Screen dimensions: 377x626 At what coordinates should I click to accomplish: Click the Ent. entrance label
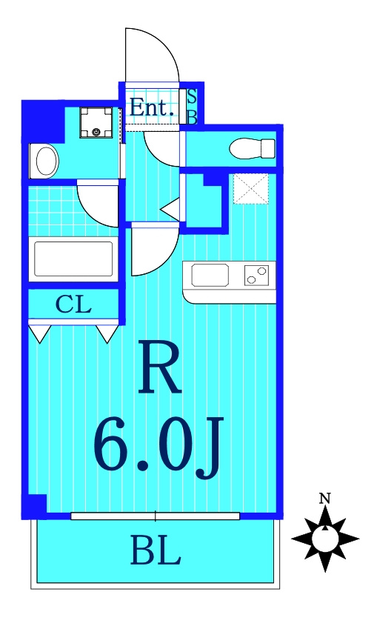(x=152, y=108)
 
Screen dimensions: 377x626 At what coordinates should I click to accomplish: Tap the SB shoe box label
(x=192, y=107)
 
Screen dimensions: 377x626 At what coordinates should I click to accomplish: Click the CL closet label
(x=73, y=304)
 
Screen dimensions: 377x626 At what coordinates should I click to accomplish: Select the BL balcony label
(x=156, y=551)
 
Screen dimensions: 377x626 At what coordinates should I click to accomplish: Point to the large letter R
(x=159, y=367)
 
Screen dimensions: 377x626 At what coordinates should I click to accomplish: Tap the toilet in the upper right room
(x=252, y=148)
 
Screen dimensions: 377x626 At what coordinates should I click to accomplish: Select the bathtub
(x=73, y=259)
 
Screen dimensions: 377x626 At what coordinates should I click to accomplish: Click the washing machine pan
(x=96, y=122)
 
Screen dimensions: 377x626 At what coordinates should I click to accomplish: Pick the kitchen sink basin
(x=210, y=275)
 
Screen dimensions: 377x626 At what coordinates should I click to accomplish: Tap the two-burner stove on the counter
(x=256, y=275)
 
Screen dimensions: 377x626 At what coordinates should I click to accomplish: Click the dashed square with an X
(x=251, y=189)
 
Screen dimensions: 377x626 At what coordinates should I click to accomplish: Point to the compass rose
(x=325, y=539)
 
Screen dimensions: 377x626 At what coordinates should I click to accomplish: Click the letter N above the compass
(x=325, y=498)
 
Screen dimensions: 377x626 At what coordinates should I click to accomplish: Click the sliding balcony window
(x=156, y=516)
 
